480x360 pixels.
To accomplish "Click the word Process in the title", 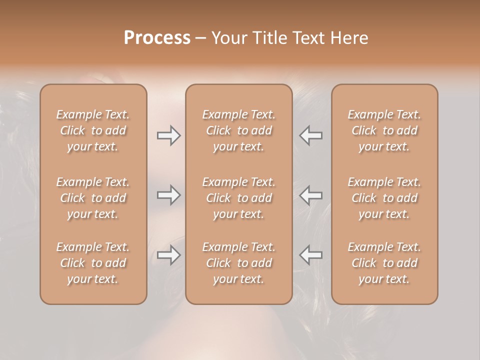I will [157, 37].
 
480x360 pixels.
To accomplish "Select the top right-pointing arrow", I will [169, 135].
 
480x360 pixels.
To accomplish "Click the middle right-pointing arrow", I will [169, 195].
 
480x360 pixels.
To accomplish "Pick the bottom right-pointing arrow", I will [169, 255].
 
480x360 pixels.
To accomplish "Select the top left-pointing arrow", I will [310, 135].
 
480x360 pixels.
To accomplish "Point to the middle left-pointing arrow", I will [310, 195].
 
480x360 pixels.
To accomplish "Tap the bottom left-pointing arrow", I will [310, 255].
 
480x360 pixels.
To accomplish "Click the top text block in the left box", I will [93, 130].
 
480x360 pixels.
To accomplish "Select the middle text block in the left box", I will [93, 198].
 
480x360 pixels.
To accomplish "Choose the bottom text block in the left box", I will [93, 263].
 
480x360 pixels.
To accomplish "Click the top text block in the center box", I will [239, 130].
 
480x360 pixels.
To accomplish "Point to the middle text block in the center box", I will [239, 198].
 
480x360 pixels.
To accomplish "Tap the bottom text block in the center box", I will [239, 263].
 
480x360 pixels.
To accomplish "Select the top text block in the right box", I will [384, 130].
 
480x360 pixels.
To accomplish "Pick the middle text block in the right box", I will [384, 198].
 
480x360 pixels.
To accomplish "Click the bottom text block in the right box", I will [384, 263].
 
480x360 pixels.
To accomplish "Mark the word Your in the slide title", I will [228, 37].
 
